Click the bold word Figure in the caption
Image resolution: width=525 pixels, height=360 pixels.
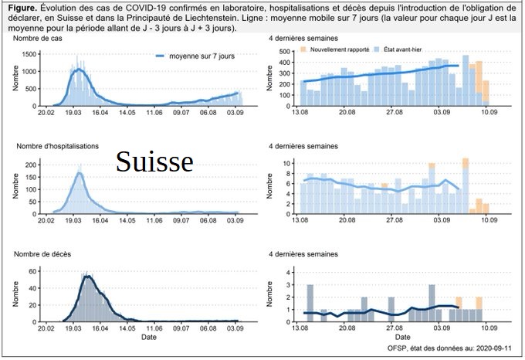click(22, 8)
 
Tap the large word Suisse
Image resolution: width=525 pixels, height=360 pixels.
click(154, 161)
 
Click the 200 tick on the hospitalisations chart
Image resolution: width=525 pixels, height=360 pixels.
click(31, 165)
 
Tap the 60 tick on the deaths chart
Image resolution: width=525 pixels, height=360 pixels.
click(33, 271)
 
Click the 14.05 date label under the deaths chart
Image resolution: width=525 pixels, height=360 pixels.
click(127, 328)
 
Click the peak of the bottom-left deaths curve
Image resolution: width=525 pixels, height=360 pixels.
click(89, 277)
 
